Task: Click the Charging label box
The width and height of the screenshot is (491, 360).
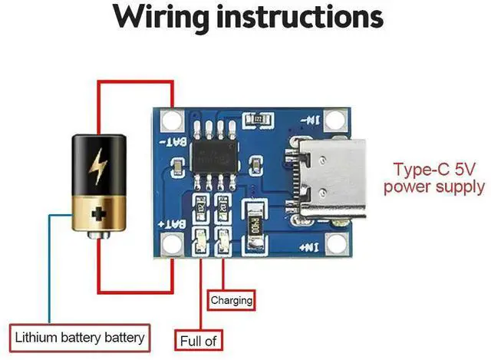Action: [231, 300]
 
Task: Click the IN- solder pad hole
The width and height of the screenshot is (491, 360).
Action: [334, 120]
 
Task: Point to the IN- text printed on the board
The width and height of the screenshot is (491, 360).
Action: [312, 121]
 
